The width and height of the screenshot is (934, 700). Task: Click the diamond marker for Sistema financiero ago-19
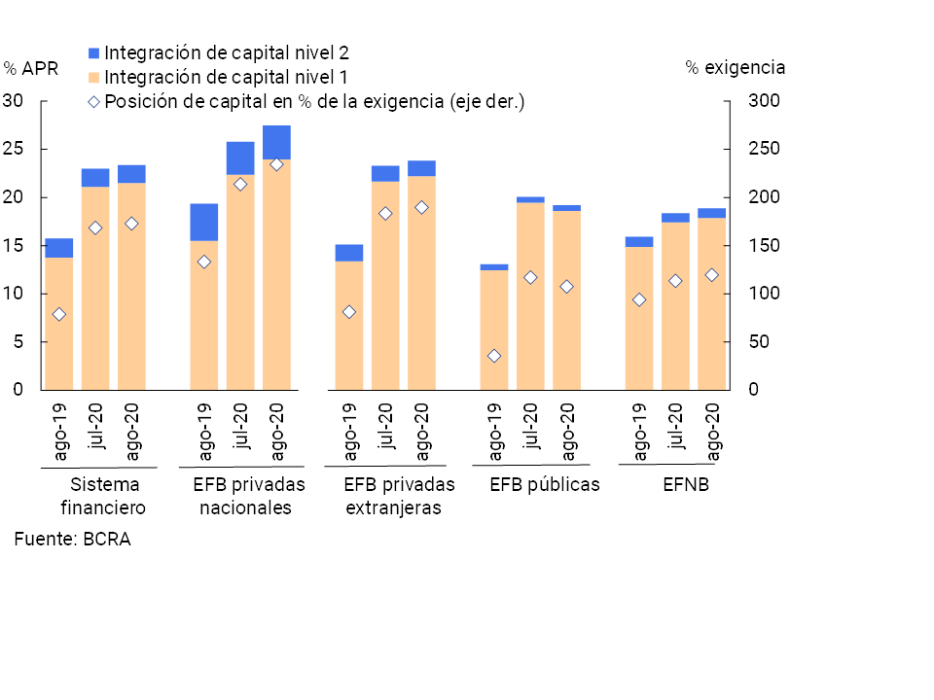tap(58, 314)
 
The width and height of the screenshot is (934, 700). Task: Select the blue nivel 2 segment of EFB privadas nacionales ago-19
tap(203, 222)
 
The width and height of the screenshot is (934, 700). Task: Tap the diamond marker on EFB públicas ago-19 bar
tap(494, 356)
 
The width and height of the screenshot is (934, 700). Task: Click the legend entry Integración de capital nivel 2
tap(226, 52)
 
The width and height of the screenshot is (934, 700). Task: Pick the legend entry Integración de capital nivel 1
tap(226, 77)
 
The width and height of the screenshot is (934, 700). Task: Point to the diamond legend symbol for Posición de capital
tap(94, 101)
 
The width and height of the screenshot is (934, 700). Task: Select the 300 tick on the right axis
tap(763, 101)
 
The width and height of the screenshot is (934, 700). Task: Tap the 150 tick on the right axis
tap(763, 245)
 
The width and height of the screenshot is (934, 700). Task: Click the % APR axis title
tap(31, 68)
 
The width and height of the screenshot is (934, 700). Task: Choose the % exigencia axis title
tap(736, 68)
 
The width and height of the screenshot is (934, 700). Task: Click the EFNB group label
tap(686, 484)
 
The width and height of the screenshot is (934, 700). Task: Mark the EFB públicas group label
tap(545, 484)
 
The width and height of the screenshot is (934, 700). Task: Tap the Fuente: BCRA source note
tap(72, 539)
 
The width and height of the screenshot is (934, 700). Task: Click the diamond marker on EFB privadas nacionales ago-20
tap(276, 164)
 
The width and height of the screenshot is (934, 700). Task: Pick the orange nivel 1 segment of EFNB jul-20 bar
tap(675, 306)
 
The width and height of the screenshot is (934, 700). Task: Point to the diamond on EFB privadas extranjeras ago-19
tap(349, 312)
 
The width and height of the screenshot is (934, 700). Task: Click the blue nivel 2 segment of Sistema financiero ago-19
tap(58, 248)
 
